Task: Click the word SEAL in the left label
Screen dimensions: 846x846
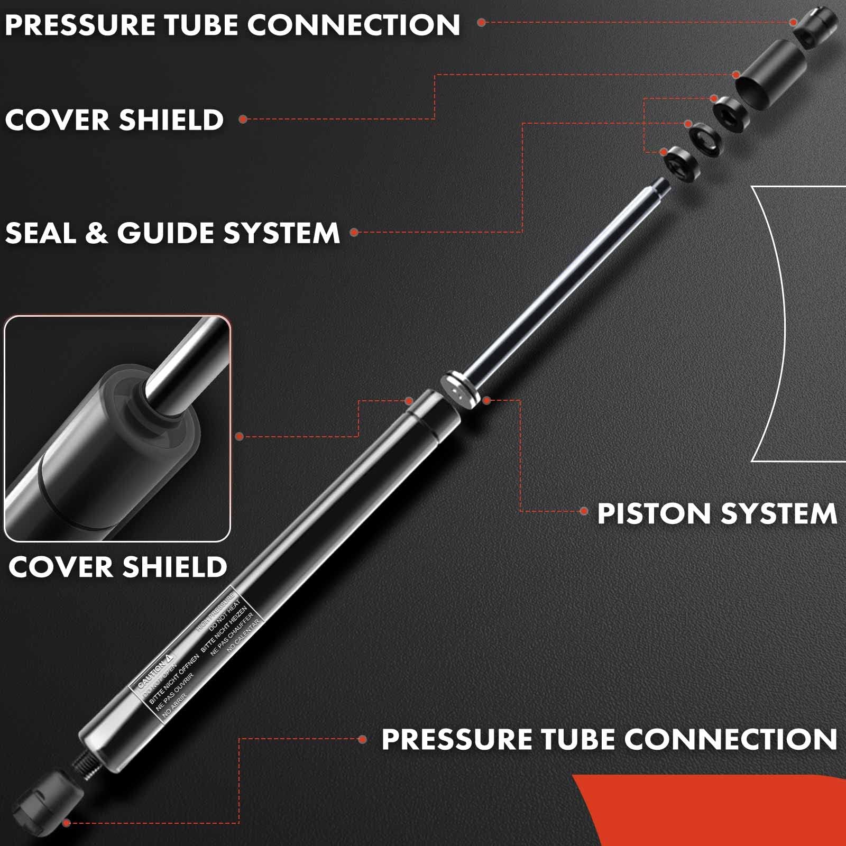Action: pos(40,233)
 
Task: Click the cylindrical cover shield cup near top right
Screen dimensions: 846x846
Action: pos(770,76)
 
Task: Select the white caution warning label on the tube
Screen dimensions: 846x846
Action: pos(196,653)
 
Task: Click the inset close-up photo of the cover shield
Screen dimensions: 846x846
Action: pos(117,429)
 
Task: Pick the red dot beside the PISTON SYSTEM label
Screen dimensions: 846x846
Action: pos(584,511)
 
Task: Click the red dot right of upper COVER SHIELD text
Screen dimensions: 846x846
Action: pos(243,119)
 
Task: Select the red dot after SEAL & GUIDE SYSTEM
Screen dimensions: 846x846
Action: pos(354,232)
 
